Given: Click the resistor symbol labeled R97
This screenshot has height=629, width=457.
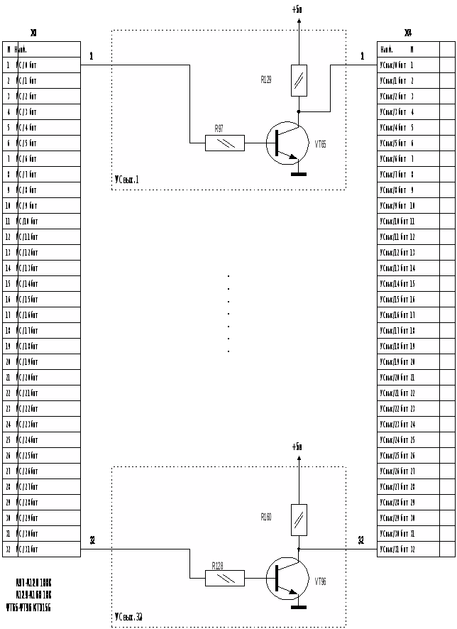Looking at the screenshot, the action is pyautogui.click(x=225, y=143).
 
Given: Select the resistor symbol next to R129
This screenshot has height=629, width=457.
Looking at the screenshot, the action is pyautogui.click(x=299, y=81).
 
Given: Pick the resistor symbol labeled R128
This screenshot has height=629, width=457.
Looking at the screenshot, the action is pyautogui.click(x=225, y=578).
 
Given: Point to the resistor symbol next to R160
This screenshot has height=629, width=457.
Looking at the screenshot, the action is pyautogui.click(x=299, y=520).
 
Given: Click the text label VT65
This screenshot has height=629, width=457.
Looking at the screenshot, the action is pyautogui.click(x=321, y=143).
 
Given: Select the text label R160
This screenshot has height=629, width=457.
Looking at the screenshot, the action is pyautogui.click(x=266, y=518).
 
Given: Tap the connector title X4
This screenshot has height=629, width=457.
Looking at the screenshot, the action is pyautogui.click(x=408, y=33).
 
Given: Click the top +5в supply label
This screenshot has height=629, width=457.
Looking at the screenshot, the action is pyautogui.click(x=297, y=10).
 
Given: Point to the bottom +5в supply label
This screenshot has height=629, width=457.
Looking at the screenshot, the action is pyautogui.click(x=297, y=447).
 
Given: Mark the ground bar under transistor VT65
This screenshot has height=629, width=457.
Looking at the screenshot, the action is pyautogui.click(x=299, y=173).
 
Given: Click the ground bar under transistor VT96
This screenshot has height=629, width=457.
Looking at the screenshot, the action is pyautogui.click(x=299, y=608).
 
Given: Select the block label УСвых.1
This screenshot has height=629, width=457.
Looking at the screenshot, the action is pyautogui.click(x=127, y=180).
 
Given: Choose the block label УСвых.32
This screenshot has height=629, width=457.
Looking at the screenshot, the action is pyautogui.click(x=128, y=616).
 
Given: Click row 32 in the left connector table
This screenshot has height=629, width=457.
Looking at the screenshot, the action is pyautogui.click(x=41, y=549).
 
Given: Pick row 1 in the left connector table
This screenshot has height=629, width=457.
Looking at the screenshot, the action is pyautogui.click(x=41, y=65).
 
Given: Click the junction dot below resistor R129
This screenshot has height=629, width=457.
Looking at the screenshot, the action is pyautogui.click(x=299, y=111).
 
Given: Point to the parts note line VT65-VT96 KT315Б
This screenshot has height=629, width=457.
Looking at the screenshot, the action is pyautogui.click(x=28, y=608).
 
